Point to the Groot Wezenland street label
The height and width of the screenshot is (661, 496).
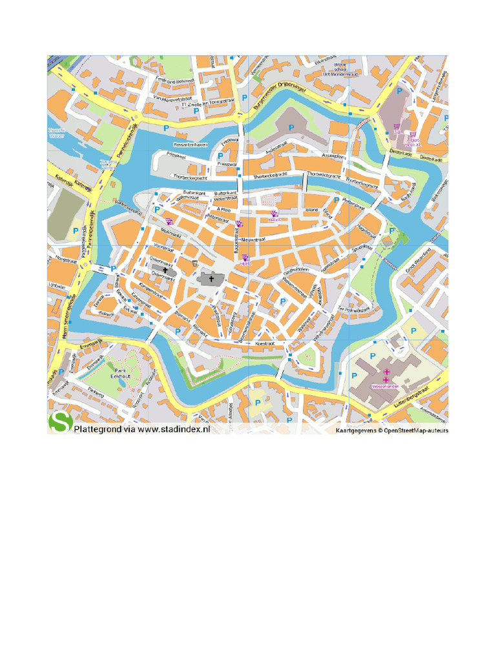click(x=417, y=258)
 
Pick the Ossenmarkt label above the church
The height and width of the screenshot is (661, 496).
click(x=162, y=264)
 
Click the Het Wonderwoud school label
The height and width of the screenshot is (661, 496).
click(x=340, y=74)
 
